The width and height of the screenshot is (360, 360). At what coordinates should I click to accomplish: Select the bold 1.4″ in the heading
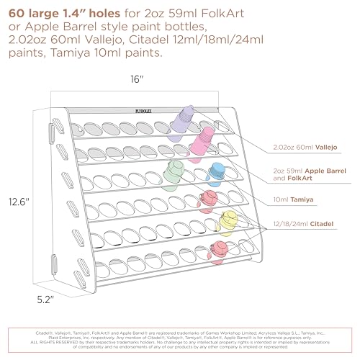(84, 12)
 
